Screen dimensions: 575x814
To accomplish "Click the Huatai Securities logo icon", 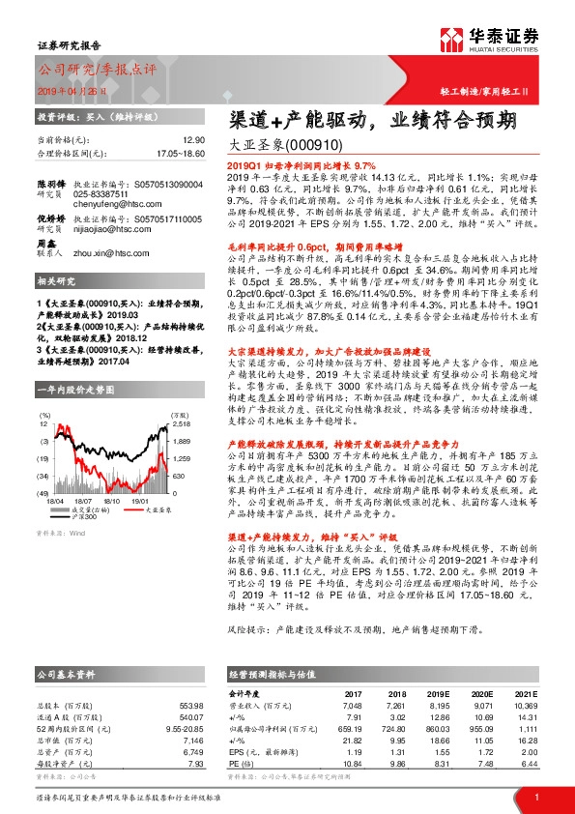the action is (454, 39).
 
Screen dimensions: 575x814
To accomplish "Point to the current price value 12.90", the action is (193, 140).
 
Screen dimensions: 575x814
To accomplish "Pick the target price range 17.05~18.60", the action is (178, 153).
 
